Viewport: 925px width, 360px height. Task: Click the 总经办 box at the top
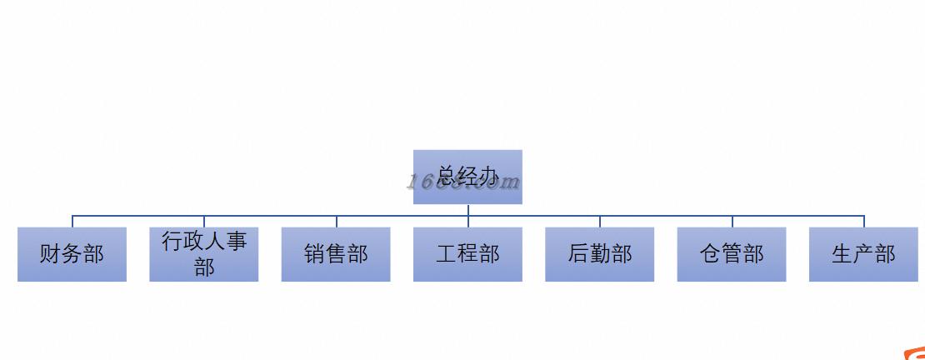[x=467, y=177]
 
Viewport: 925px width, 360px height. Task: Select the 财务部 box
[x=72, y=254]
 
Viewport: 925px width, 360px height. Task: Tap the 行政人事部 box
[x=204, y=254]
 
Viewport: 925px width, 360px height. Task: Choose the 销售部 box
[x=336, y=254]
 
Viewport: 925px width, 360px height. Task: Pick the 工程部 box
[x=467, y=254]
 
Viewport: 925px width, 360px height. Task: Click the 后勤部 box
[x=600, y=254]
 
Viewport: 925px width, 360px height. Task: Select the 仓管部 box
[x=732, y=254]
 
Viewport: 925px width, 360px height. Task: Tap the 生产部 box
[x=863, y=254]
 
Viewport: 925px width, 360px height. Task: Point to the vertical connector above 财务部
[x=72, y=222]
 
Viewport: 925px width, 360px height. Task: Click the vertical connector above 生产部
[x=864, y=222]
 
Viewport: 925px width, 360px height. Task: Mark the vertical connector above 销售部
[x=337, y=222]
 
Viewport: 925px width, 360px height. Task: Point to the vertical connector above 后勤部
[x=600, y=222]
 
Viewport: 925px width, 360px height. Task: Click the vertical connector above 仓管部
[x=732, y=222]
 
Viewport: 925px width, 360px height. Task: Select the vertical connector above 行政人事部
[x=205, y=222]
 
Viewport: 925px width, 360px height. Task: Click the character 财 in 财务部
[x=50, y=254]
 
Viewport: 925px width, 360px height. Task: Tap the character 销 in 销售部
[x=314, y=254]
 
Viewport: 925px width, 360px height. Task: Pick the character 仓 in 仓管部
[x=710, y=254]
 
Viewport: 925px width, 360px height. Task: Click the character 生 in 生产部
[x=842, y=254]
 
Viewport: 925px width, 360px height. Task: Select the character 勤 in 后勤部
[x=600, y=254]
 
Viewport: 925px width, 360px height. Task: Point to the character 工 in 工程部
[x=446, y=254]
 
